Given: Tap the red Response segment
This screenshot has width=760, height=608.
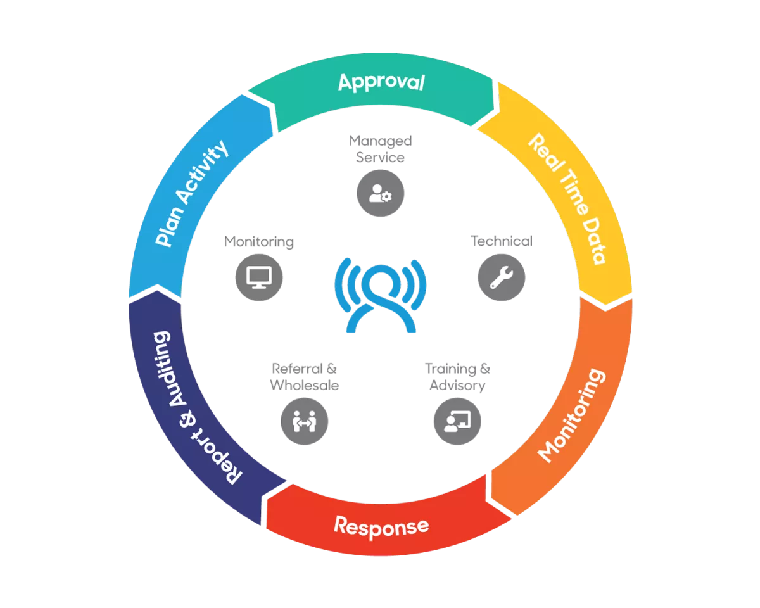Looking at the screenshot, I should point(381,526).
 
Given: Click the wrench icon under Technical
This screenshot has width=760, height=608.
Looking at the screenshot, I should point(501,277).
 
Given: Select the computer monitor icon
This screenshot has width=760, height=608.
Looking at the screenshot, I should point(258,277).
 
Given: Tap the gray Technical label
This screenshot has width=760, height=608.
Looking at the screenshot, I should point(501,241).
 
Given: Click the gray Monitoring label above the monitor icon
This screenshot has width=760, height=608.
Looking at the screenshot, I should point(258,241).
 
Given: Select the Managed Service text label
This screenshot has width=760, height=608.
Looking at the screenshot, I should point(380,148).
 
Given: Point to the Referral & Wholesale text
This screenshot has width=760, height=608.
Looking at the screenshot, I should point(304,377).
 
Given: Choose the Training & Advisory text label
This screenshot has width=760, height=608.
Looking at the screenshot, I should point(457,377).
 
